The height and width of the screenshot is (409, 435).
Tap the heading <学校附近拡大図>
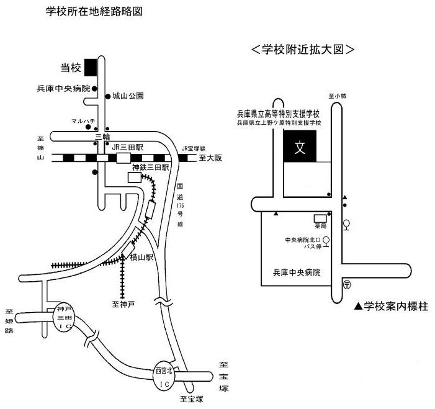(303, 49)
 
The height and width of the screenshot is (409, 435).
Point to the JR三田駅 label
(128, 147)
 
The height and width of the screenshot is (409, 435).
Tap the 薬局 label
(320, 227)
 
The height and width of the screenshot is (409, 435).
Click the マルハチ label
(82, 121)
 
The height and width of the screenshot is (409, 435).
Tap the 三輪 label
(101, 135)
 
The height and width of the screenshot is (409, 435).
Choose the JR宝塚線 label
(193, 149)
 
